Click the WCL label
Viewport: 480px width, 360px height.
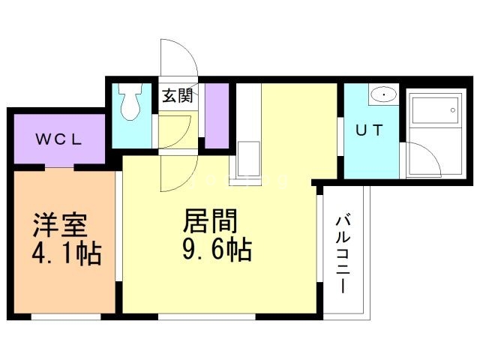(x=60, y=139)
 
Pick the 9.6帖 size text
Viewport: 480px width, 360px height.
(x=216, y=248)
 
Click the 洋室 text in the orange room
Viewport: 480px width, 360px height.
(x=59, y=226)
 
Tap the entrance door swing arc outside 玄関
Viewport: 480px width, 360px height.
(x=178, y=56)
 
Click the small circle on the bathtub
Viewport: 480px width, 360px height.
(x=452, y=110)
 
